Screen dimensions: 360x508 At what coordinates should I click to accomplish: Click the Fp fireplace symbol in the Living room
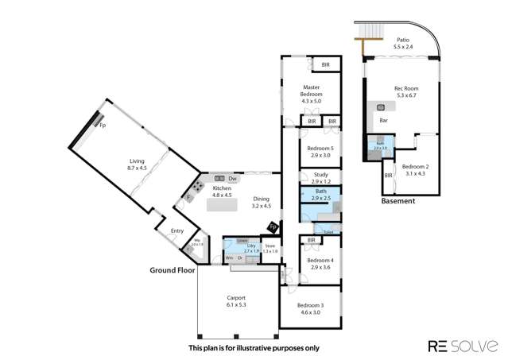pyautogui.click(x=102, y=124)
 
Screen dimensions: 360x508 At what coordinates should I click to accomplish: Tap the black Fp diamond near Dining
pyautogui.click(x=273, y=228)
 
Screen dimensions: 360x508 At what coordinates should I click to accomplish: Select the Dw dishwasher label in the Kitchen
pyautogui.click(x=233, y=179)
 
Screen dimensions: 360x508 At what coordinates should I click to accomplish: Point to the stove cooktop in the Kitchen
pyautogui.click(x=194, y=189)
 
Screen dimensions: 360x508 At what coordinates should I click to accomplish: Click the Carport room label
pyautogui.click(x=237, y=300)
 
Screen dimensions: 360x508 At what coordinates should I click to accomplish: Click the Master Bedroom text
pyautogui.click(x=311, y=91)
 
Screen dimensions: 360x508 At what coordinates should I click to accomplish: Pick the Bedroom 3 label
pyautogui.click(x=311, y=308)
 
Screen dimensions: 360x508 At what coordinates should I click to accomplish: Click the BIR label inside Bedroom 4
pyautogui.click(x=312, y=240)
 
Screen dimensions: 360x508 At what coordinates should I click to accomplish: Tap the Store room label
pyautogui.click(x=270, y=248)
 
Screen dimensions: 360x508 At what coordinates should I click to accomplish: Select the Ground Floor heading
pyautogui.click(x=173, y=270)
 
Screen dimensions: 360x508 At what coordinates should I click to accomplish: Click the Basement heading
pyautogui.click(x=397, y=202)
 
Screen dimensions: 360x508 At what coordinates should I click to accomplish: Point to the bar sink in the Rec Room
pyautogui.click(x=380, y=107)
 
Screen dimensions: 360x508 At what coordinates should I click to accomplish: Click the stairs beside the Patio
pyautogui.click(x=366, y=32)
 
